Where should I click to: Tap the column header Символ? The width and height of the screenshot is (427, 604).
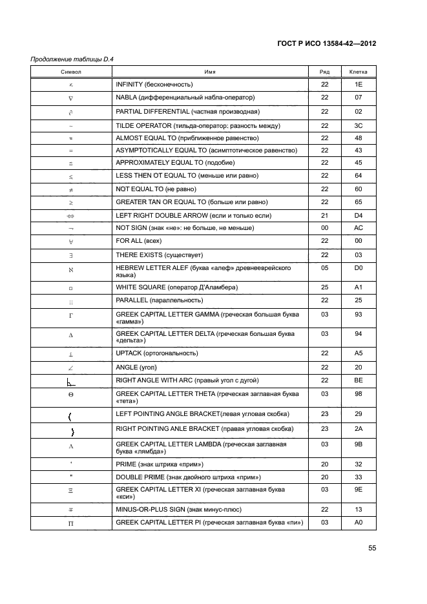(x=71, y=72)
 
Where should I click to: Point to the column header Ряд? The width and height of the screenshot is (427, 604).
(x=324, y=72)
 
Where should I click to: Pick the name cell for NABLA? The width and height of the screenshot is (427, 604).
(x=185, y=98)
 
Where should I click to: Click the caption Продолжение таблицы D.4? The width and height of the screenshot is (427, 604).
(x=72, y=59)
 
